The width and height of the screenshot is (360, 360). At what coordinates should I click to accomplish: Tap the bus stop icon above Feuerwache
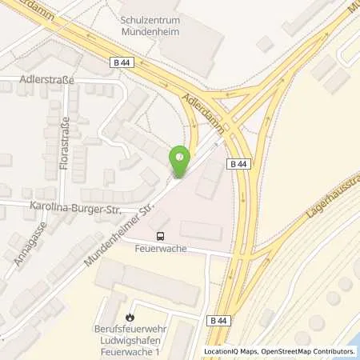pos(162,236)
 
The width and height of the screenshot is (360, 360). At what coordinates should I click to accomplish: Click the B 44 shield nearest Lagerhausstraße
pos(238,165)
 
